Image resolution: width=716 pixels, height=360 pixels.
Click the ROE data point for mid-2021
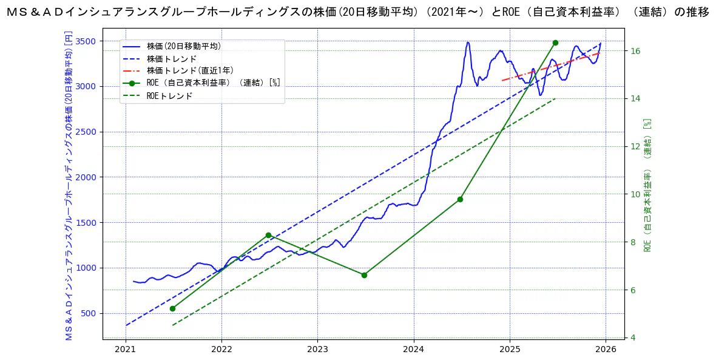click(172, 308)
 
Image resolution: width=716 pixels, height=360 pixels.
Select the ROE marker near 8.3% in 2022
click(268, 235)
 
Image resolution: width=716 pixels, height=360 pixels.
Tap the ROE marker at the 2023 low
click(364, 275)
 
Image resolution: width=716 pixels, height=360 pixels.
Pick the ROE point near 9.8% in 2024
click(460, 199)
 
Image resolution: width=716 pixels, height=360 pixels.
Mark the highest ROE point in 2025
click(555, 42)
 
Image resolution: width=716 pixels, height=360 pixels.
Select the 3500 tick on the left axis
click(86, 41)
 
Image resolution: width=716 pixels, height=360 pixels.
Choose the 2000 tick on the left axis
click(86, 177)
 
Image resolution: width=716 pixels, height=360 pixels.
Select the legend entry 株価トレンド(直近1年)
click(190, 71)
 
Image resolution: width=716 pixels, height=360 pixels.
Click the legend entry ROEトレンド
click(169, 96)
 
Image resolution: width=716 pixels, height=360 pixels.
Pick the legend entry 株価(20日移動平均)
click(183, 46)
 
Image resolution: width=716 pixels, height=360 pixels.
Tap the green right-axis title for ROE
click(647, 185)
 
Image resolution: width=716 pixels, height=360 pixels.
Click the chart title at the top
click(357, 12)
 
